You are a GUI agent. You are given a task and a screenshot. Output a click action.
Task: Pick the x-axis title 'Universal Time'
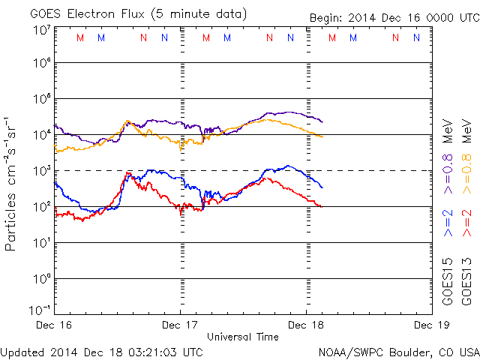click(242, 337)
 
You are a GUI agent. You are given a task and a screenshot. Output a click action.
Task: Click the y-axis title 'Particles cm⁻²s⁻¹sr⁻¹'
click(12, 184)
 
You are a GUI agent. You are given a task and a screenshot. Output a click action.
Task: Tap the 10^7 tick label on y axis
click(41, 30)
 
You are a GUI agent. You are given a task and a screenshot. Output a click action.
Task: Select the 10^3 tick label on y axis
click(41, 171)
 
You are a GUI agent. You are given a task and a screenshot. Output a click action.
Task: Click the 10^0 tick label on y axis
click(41, 278)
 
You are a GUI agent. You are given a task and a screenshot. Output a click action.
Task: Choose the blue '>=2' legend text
click(448, 223)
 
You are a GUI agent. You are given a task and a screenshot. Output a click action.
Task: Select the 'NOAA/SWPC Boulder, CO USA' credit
click(398, 351)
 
